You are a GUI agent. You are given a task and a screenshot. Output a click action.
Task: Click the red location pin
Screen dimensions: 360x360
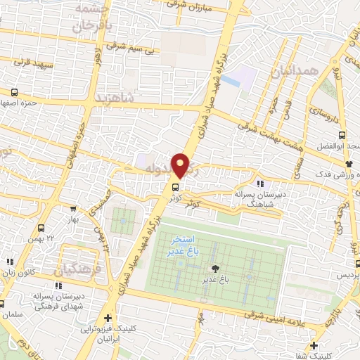(181, 165)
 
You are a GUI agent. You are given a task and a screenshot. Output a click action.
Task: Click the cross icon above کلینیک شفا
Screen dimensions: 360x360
(313, 345)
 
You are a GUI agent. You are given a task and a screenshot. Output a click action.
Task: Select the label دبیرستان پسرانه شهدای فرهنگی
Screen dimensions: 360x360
(60, 301)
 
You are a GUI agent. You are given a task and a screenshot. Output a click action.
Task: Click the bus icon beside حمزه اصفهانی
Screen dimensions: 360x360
(14, 92)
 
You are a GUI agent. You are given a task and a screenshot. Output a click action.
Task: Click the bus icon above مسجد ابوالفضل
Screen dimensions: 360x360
(342, 136)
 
